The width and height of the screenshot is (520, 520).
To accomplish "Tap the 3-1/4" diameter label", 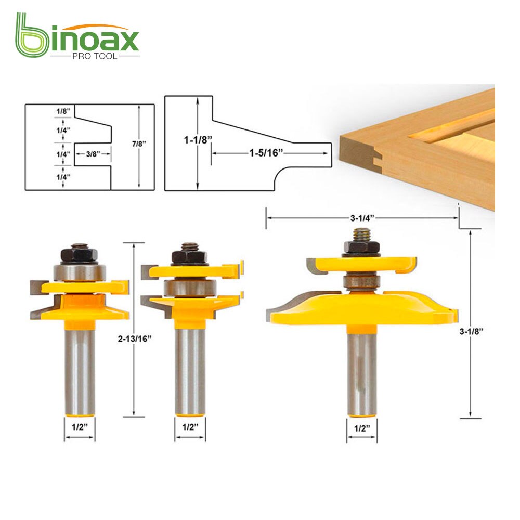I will (362, 219).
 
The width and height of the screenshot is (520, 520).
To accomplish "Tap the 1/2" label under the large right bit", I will (362, 429).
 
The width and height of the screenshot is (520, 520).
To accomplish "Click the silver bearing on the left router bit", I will (79, 274).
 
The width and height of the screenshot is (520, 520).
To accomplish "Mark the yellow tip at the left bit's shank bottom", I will (80, 413).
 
